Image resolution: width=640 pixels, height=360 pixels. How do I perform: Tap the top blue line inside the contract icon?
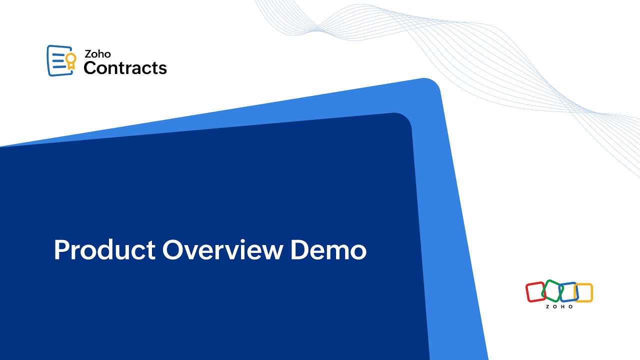[58, 52]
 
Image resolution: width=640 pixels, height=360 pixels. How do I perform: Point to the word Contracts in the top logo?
[125, 67]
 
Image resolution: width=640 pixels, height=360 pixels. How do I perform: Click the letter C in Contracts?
[90, 67]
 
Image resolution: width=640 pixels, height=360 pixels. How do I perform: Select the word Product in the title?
[104, 250]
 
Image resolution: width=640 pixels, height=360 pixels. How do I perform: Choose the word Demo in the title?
[328, 250]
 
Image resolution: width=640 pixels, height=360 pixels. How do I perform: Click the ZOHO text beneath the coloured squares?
[559, 306]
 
